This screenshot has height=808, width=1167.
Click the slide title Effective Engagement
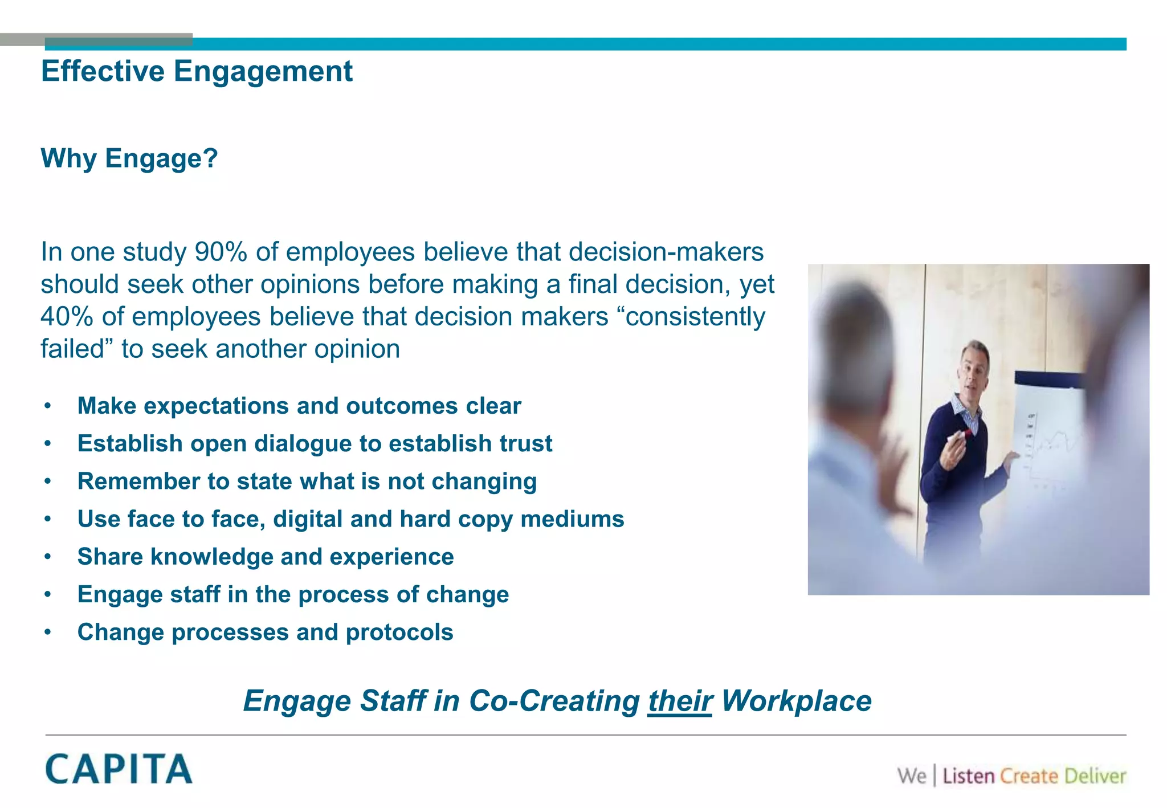197,72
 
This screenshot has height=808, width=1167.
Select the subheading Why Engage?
129,158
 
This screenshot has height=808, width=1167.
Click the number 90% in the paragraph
221,252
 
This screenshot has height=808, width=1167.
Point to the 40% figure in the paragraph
67,317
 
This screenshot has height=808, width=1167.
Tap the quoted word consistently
695,317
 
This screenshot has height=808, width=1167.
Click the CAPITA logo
119,769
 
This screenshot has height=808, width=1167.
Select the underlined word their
680,701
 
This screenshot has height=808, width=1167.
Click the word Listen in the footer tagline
968,776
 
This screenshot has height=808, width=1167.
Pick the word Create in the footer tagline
1029,776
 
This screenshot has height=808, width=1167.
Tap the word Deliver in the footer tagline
1095,776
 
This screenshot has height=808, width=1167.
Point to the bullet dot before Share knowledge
48,557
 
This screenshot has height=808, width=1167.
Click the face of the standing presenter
972,370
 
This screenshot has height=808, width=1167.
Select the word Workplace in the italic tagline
796,701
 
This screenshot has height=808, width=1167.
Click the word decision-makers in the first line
666,252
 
